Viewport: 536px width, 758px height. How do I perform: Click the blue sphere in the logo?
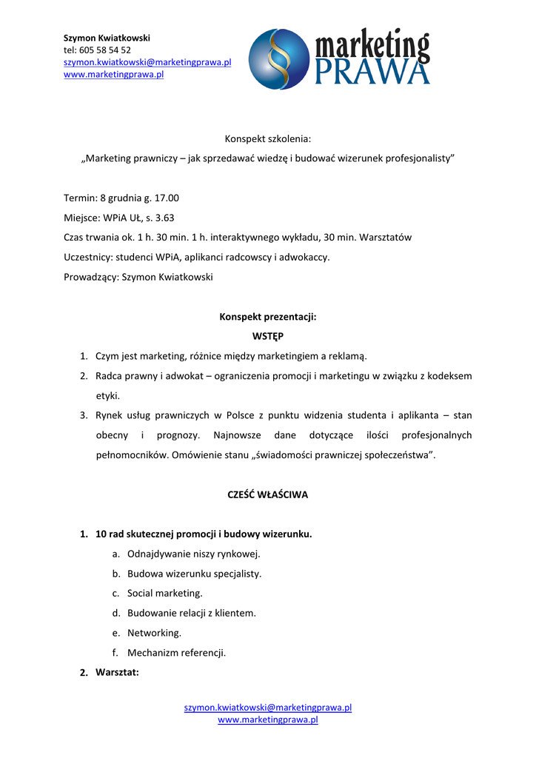pyautogui.click(x=279, y=59)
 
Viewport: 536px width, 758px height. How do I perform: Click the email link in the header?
pyautogui.click(x=147, y=62)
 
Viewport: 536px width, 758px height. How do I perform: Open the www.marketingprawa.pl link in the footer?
pyautogui.click(x=267, y=720)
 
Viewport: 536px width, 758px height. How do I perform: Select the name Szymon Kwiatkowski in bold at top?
pyautogui.click(x=107, y=37)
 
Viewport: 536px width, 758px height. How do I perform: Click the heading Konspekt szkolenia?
pyautogui.click(x=268, y=138)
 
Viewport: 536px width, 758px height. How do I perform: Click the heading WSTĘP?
pyautogui.click(x=267, y=336)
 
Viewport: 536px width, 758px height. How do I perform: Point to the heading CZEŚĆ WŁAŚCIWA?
pyautogui.click(x=267, y=494)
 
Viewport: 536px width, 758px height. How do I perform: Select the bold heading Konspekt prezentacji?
pyautogui.click(x=267, y=317)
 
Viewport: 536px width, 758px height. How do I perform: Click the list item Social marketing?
pyautogui.click(x=164, y=593)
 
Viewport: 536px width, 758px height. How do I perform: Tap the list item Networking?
pyautogui.click(x=154, y=633)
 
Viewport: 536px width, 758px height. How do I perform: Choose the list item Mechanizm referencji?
pyautogui.click(x=176, y=653)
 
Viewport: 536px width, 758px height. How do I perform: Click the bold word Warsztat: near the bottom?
pyautogui.click(x=117, y=672)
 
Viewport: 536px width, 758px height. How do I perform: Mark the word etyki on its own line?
pyautogui.click(x=107, y=395)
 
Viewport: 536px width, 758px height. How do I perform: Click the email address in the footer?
pyautogui.click(x=267, y=707)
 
